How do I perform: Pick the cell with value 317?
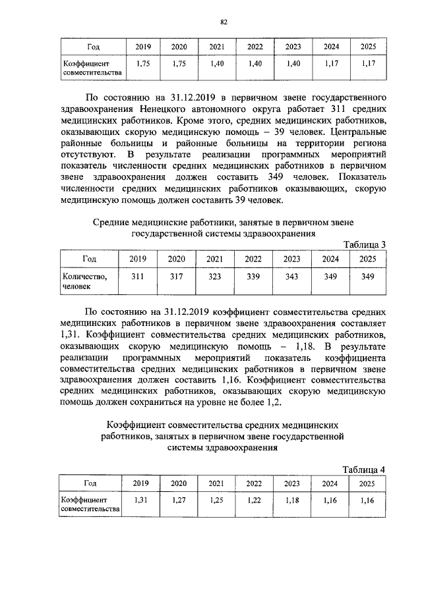(x=175, y=277)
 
